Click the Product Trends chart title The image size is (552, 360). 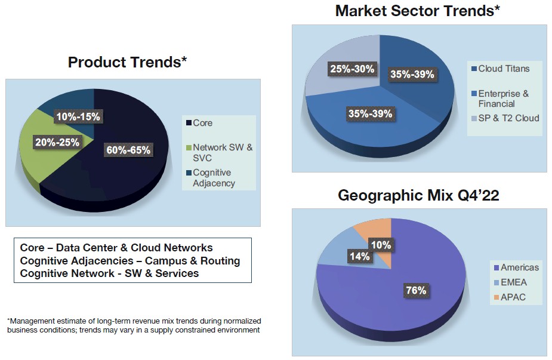(x=127, y=62)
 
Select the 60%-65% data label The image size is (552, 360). (x=128, y=150)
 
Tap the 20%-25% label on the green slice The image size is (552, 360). (x=57, y=142)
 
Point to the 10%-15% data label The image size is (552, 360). (x=78, y=116)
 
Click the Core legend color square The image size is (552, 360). (x=189, y=123)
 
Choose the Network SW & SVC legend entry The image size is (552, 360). (x=220, y=152)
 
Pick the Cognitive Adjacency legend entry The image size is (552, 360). (x=211, y=178)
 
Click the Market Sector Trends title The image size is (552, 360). (x=418, y=11)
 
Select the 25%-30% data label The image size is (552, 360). (x=352, y=69)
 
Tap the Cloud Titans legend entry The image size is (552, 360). (x=501, y=69)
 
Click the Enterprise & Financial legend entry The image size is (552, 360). (x=500, y=99)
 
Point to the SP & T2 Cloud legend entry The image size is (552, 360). (x=505, y=118)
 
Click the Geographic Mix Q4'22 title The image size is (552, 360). (x=418, y=195)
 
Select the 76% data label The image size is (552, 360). (x=416, y=291)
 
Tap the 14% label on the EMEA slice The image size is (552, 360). (x=360, y=256)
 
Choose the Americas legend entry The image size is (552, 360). (x=516, y=267)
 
